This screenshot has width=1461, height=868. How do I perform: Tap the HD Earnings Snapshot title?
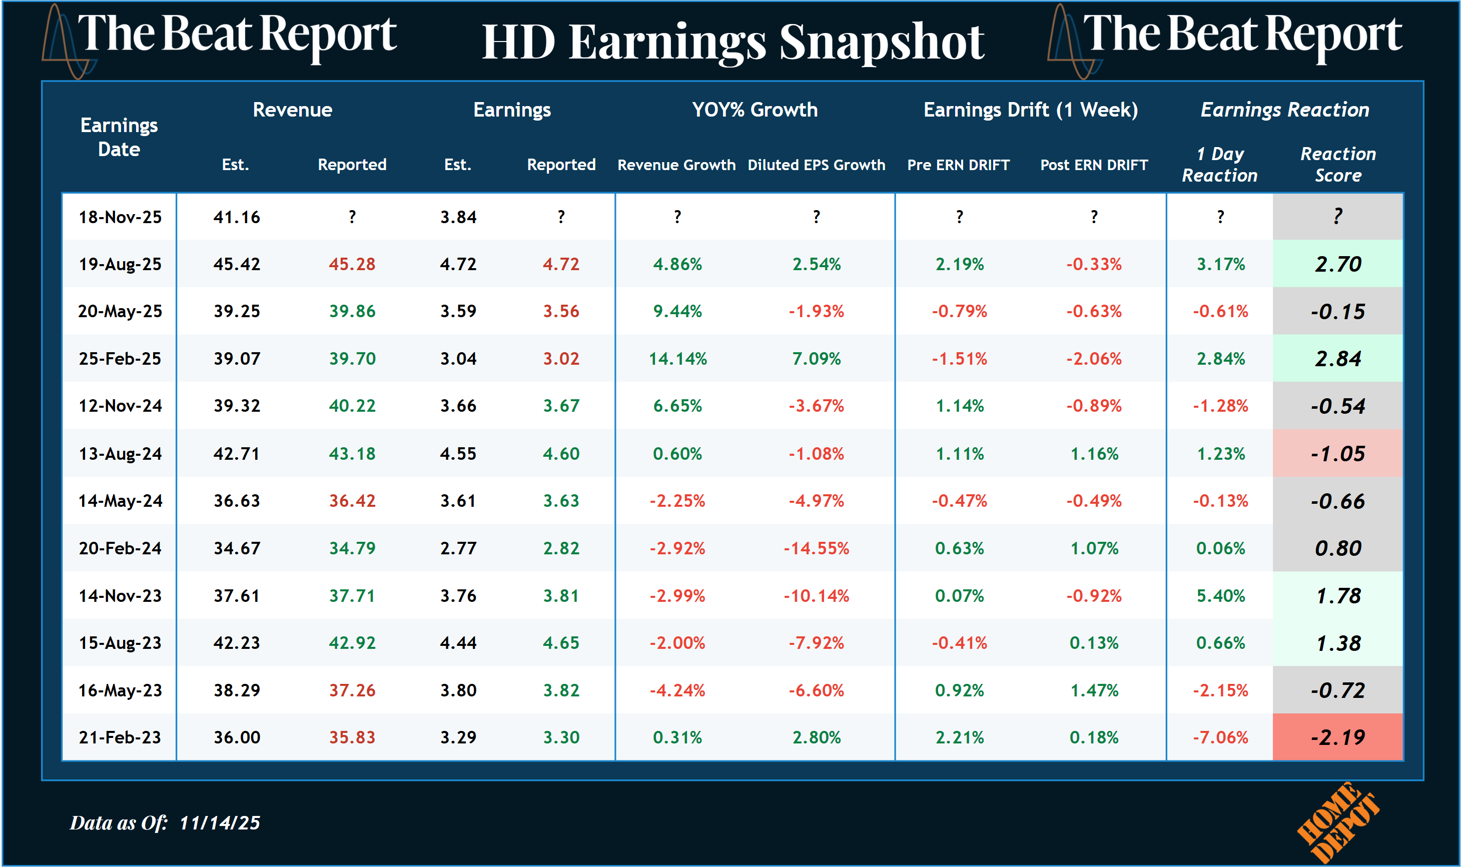(733, 42)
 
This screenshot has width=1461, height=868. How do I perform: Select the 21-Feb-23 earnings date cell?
(120, 737)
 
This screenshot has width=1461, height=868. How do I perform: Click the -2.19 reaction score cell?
(1337, 737)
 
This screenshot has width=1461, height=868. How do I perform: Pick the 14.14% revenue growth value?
(677, 359)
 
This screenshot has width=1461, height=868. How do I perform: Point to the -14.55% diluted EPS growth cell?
(816, 548)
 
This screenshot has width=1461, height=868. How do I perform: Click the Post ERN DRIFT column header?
(1093, 165)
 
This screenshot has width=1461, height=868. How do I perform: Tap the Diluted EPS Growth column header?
(816, 165)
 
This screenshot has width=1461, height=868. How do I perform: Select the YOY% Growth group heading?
(755, 110)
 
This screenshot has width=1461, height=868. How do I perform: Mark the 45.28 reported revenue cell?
(352, 264)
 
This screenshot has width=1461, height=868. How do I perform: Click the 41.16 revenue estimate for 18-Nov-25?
(236, 217)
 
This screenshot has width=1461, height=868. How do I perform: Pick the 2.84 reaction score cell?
(1337, 359)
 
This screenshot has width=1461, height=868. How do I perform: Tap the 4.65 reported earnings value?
(561, 643)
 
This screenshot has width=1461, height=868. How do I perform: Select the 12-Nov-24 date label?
(120, 406)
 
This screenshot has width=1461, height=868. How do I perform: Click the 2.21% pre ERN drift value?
(959, 737)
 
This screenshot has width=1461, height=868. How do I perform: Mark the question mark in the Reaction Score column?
(1337, 217)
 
